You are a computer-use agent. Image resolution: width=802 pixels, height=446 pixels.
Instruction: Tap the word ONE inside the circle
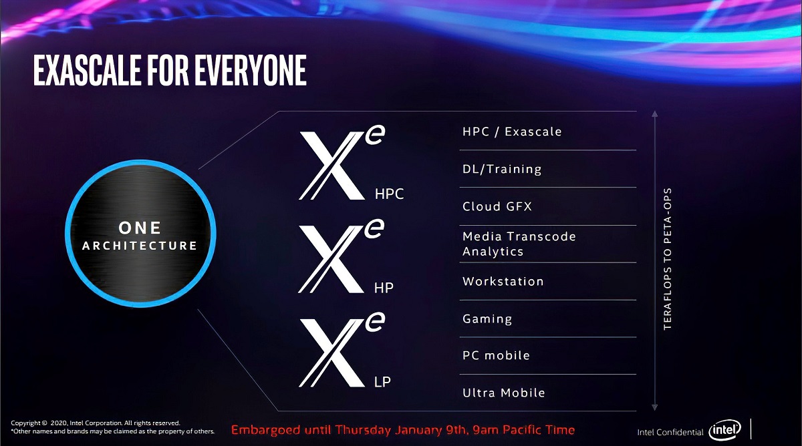tap(140, 228)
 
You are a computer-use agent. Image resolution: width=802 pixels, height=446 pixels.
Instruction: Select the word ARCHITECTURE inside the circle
tap(140, 246)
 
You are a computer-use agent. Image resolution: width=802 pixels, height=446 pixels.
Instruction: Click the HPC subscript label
tap(390, 194)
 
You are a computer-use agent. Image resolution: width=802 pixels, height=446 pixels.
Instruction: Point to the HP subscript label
tap(384, 288)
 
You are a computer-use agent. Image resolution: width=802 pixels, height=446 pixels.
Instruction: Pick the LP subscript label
tap(383, 382)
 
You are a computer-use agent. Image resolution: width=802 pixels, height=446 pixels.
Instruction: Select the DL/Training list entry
tap(502, 169)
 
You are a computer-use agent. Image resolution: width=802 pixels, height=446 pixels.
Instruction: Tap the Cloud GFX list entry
tap(497, 206)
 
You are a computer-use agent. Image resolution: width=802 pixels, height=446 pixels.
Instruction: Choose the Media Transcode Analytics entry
tap(519, 244)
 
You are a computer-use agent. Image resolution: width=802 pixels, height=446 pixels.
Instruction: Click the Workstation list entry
tap(503, 281)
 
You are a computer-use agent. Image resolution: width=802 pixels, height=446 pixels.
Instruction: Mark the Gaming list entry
tap(487, 318)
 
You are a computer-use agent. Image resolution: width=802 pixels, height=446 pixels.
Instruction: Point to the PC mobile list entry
tap(496, 355)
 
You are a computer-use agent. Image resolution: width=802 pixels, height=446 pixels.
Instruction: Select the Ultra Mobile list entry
tap(504, 393)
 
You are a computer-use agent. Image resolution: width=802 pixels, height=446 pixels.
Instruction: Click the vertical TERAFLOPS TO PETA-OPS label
tap(667, 259)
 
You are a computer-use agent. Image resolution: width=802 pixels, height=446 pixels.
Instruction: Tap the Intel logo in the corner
tap(724, 430)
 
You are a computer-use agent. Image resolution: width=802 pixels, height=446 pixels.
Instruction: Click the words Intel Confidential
tap(670, 432)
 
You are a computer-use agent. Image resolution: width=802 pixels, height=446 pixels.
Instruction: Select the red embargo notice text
tap(403, 429)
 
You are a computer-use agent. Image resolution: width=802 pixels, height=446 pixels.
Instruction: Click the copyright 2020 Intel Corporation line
tap(96, 423)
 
